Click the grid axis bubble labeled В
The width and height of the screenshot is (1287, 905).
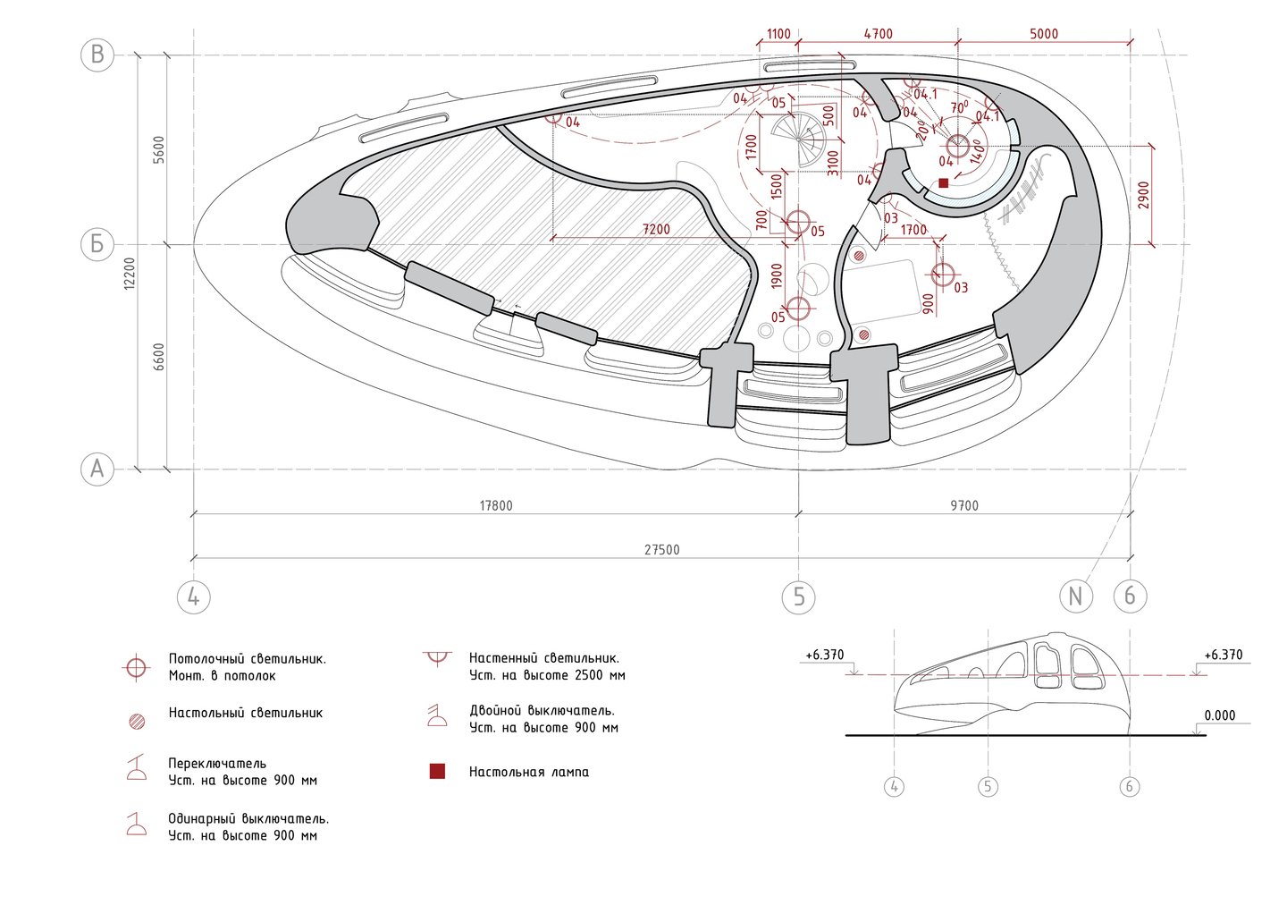tap(97, 55)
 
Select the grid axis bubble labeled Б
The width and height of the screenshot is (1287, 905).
tap(97, 244)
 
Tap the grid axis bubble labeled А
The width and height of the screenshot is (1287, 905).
tap(97, 469)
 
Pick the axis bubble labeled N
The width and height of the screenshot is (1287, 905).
tap(1076, 596)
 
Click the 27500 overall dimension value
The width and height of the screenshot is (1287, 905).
tap(662, 550)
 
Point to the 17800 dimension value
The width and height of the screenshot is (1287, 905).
tap(496, 505)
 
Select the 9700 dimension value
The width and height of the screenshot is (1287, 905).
tap(963, 505)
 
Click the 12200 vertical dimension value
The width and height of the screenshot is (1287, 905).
tap(130, 273)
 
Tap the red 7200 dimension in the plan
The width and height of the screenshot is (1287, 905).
tap(656, 230)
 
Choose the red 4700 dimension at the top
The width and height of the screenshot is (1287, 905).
tap(878, 34)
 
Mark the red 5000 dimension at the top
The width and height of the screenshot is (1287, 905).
tap(1043, 34)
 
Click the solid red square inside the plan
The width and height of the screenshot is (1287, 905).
tap(943, 182)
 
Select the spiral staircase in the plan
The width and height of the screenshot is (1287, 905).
tap(799, 139)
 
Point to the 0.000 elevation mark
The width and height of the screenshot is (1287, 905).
tap(1219, 715)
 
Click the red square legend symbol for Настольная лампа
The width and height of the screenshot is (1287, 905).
tap(437, 772)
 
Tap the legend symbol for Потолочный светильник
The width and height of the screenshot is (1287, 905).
tap(136, 667)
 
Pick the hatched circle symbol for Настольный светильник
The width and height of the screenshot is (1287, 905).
tap(137, 721)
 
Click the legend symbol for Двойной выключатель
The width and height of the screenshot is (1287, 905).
tap(437, 715)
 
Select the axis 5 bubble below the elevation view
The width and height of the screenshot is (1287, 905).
tap(988, 787)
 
